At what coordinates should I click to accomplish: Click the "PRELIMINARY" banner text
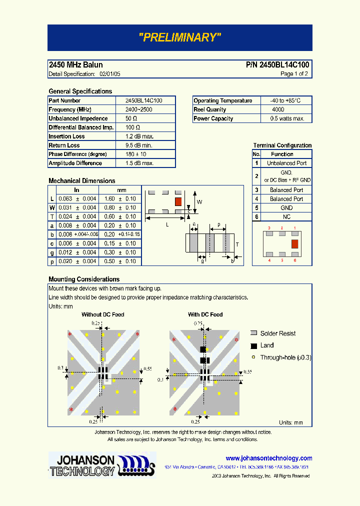(179, 37)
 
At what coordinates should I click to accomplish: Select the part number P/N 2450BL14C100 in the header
(277, 65)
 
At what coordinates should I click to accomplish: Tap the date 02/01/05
(110, 74)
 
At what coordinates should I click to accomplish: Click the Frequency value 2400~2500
(139, 109)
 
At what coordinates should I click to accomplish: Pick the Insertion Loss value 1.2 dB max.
(139, 136)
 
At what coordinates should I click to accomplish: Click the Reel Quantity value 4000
(278, 109)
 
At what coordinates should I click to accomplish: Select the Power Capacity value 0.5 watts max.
(287, 118)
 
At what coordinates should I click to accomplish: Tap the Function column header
(282, 154)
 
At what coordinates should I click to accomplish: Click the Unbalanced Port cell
(286, 163)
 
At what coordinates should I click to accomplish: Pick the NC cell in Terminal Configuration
(286, 217)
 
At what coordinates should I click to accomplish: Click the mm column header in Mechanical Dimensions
(121, 190)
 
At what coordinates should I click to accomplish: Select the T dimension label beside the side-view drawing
(237, 244)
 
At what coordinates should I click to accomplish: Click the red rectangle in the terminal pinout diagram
(294, 243)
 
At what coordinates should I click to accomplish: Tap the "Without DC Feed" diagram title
(103, 314)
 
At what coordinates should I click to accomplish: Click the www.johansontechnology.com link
(268, 458)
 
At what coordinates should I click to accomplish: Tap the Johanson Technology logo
(102, 465)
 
